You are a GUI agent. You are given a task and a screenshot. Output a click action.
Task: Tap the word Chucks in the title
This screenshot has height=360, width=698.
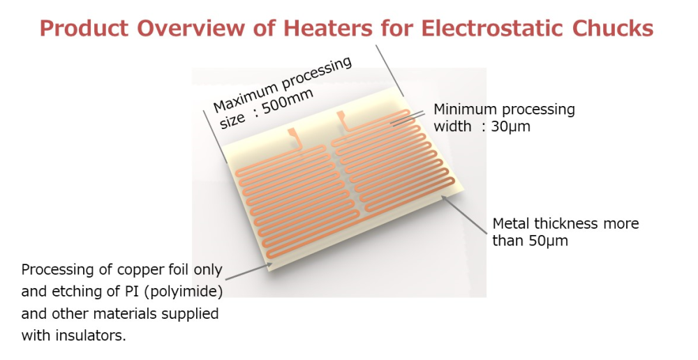click(613, 28)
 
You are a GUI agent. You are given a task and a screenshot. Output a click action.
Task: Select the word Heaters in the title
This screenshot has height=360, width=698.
click(327, 28)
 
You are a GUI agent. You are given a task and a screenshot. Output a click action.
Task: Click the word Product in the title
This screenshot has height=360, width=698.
click(84, 28)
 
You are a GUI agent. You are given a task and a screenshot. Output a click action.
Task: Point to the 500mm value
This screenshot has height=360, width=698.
click(288, 102)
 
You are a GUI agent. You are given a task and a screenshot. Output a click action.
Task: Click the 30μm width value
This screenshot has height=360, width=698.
click(511, 126)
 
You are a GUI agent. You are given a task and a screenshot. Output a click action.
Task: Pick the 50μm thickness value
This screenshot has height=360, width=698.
click(549, 241)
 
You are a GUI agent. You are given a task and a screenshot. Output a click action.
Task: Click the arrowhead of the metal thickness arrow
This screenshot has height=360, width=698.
click(444, 199)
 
